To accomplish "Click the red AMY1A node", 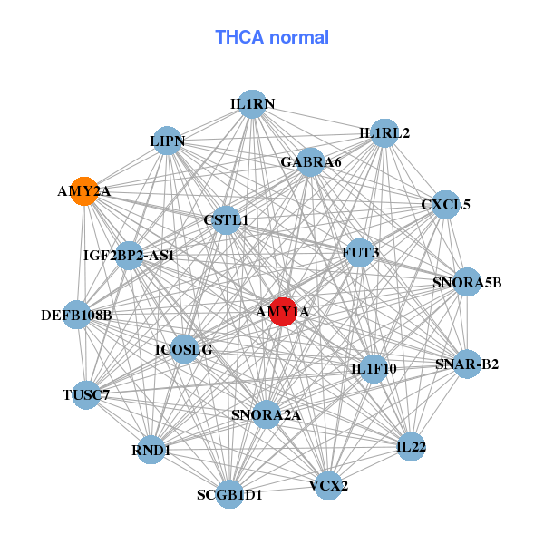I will pos(283,312).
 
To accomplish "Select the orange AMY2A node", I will pos(84,191).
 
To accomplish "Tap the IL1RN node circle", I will pos(252,104).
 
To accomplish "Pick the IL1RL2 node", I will pos(384,133).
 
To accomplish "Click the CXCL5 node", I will pos(446,205).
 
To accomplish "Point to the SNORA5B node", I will pos(467,282).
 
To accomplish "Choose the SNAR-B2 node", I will pos(467,364).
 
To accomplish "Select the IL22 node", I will pos(411,447).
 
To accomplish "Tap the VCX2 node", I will pos(328,485).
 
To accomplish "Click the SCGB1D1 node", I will pos(230,494).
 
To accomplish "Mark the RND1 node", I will pos(151,450).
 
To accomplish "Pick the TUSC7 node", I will pos(86,395).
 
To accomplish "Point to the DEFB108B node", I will pos(76,316).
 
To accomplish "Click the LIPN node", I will pos(168,141).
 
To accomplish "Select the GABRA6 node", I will pos(310,162).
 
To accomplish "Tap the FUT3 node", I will pos(360,251).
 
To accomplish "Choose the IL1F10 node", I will pos(374,369).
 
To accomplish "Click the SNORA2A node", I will pos(266,415).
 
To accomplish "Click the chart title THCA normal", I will pos(272,37).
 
